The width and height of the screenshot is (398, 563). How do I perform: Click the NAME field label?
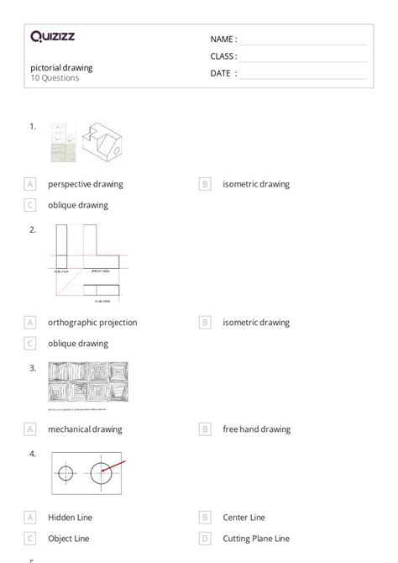tap(223, 39)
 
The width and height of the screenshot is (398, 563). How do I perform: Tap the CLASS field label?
tap(223, 56)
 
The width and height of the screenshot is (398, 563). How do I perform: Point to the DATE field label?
tap(223, 73)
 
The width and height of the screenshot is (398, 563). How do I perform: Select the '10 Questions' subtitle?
tap(55, 78)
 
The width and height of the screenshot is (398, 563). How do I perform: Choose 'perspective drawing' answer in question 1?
tap(85, 184)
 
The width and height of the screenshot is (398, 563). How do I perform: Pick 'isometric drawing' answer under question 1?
tap(256, 184)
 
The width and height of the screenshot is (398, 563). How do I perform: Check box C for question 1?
tap(30, 204)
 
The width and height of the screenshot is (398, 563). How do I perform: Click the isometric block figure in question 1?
tap(103, 141)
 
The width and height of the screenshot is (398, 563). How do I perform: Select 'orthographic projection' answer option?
tap(92, 322)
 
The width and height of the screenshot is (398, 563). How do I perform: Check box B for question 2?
tap(205, 322)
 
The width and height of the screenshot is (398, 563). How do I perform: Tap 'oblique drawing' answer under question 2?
tap(78, 343)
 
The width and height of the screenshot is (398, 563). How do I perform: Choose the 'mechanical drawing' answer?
tap(85, 429)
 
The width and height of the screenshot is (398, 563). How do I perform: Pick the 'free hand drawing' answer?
tap(256, 429)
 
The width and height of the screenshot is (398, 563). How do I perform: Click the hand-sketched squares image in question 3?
tap(88, 384)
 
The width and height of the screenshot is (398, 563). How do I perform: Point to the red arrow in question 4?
tap(116, 466)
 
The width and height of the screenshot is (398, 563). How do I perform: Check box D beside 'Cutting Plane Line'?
tap(205, 538)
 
